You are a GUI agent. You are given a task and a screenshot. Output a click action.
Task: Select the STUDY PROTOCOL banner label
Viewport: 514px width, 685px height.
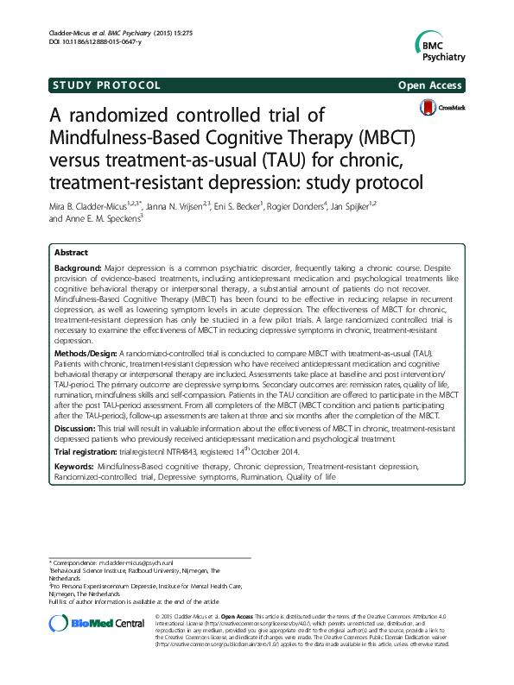pyautogui.click(x=106, y=85)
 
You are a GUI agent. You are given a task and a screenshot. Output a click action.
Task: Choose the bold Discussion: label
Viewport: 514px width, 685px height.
pyautogui.click(x=75, y=428)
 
